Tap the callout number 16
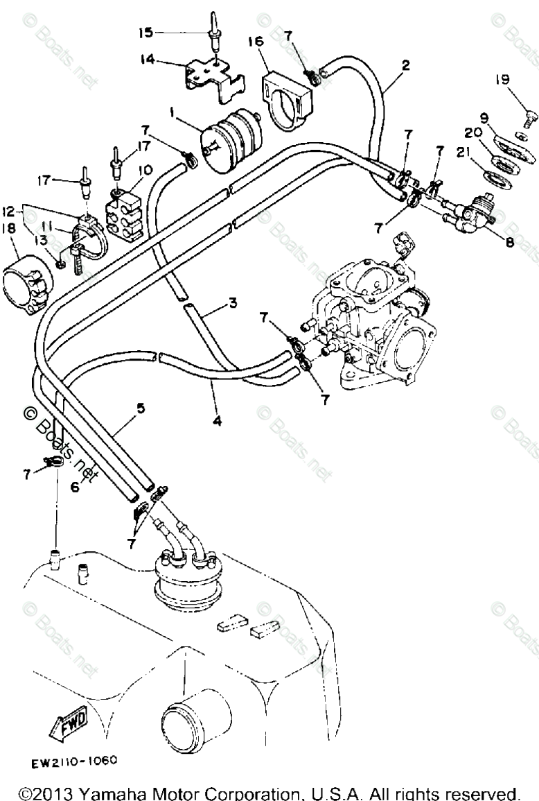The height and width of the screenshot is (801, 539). click(256, 42)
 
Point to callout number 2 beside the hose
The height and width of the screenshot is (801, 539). click(405, 65)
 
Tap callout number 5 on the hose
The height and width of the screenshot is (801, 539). click(141, 408)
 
